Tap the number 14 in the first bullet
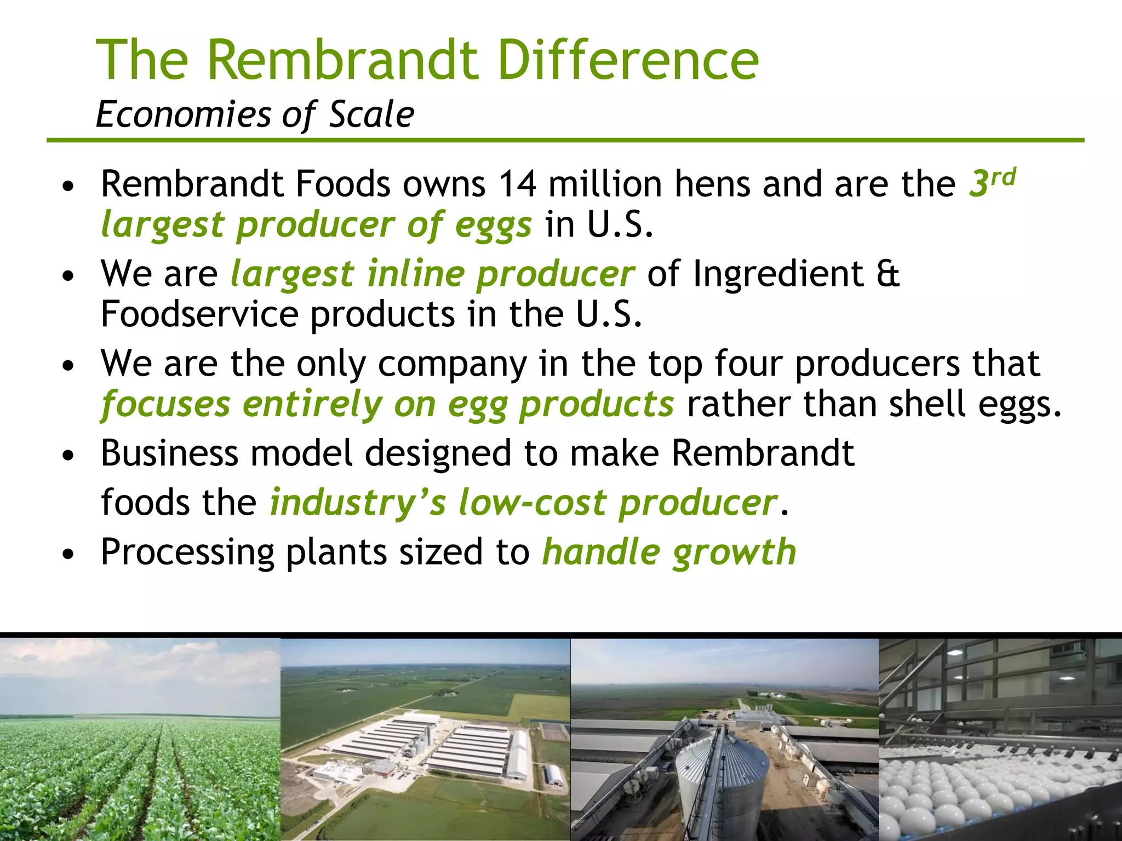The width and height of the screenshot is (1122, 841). click(517, 184)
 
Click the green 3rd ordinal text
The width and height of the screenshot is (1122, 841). click(992, 182)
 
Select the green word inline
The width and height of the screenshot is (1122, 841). click(415, 273)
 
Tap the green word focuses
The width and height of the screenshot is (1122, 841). click(165, 404)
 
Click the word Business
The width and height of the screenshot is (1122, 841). click(169, 453)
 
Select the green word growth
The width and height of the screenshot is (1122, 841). click(734, 552)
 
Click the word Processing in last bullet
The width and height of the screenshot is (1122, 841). click(187, 552)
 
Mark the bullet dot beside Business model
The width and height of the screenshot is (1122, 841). click(68, 456)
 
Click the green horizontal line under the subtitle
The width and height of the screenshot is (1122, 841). click(564, 141)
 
